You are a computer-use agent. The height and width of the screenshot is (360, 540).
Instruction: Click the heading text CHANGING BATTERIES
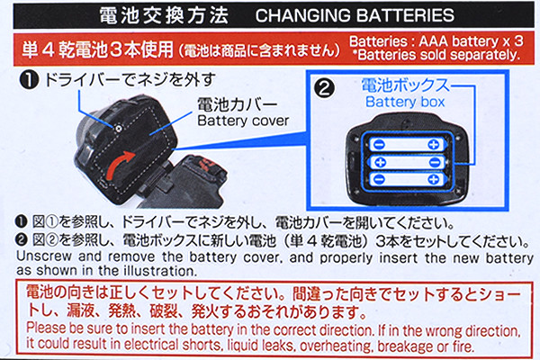[355, 15]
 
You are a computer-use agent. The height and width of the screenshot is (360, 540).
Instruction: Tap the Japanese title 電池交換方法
[164, 15]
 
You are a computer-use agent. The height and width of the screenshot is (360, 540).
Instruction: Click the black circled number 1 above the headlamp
[29, 80]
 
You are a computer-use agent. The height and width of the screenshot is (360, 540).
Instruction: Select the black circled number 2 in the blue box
[324, 88]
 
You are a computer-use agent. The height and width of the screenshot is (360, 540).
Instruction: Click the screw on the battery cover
[118, 129]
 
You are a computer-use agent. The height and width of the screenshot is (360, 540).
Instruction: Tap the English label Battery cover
[243, 121]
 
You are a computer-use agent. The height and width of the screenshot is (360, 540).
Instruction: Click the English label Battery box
[405, 102]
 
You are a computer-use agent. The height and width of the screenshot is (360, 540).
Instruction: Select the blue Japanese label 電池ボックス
[406, 85]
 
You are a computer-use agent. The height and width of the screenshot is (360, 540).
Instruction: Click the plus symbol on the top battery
[433, 144]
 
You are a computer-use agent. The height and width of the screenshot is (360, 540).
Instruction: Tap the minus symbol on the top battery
[379, 144]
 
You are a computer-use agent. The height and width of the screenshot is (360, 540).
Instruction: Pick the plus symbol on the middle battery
[380, 162]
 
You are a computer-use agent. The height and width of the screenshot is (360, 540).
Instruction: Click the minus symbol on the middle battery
[435, 162]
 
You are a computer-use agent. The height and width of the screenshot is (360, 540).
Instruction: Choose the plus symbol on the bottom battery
[433, 179]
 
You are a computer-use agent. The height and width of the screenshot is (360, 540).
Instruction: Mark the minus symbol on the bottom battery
[379, 179]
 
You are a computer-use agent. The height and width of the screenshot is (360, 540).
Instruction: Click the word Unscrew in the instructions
[44, 256]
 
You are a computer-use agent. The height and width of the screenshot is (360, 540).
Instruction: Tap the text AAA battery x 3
[471, 41]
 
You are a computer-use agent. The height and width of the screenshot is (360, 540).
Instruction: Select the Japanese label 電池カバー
[238, 104]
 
